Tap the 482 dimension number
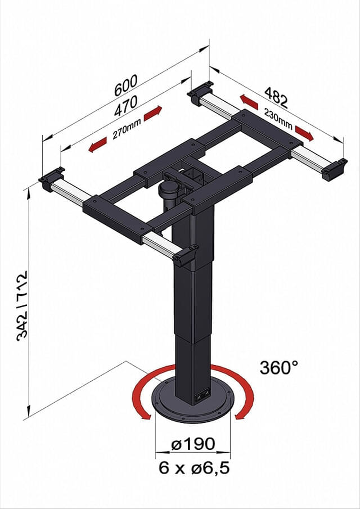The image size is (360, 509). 276,96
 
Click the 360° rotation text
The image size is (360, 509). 278,367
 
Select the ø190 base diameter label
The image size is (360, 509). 193,444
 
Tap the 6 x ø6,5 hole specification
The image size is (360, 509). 193,467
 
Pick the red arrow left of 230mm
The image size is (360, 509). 249,102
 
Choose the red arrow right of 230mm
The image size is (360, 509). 304,133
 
